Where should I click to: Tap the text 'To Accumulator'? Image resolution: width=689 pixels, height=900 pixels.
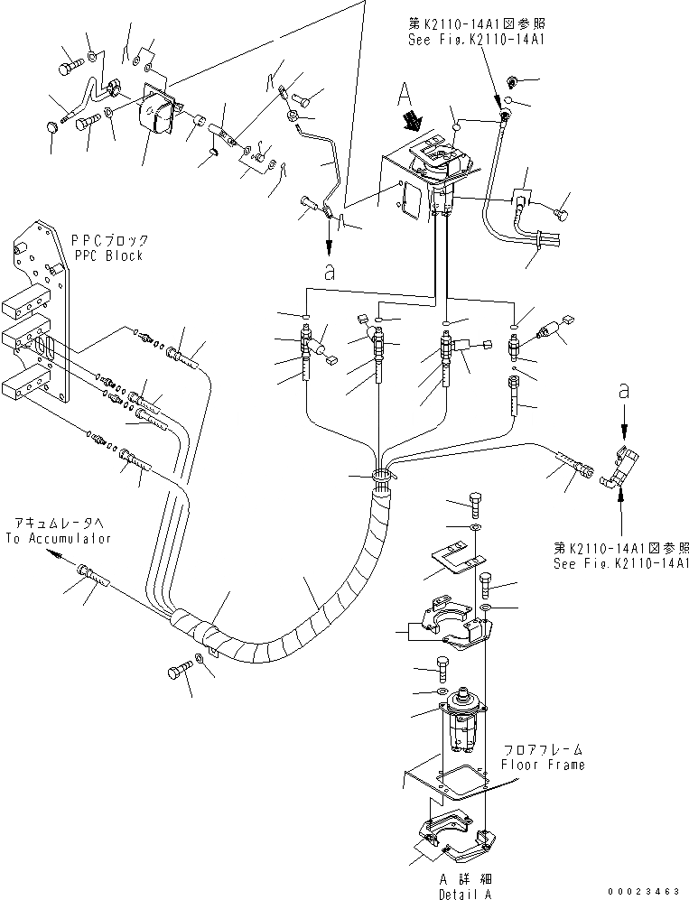pyautogui.click(x=58, y=539)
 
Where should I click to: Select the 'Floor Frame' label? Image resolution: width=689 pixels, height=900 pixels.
pyautogui.click(x=544, y=765)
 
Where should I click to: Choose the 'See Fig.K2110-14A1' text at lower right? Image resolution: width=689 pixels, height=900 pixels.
pyautogui.click(x=622, y=562)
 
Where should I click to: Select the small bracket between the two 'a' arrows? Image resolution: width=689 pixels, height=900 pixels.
pyautogui.click(x=626, y=469)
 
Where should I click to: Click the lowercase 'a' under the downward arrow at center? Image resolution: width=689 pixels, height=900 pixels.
pyautogui.click(x=329, y=272)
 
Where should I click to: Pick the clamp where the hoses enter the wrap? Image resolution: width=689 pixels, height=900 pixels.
pyautogui.click(x=383, y=474)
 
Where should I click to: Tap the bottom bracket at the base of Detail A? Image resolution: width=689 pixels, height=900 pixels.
pyautogui.click(x=456, y=835)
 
